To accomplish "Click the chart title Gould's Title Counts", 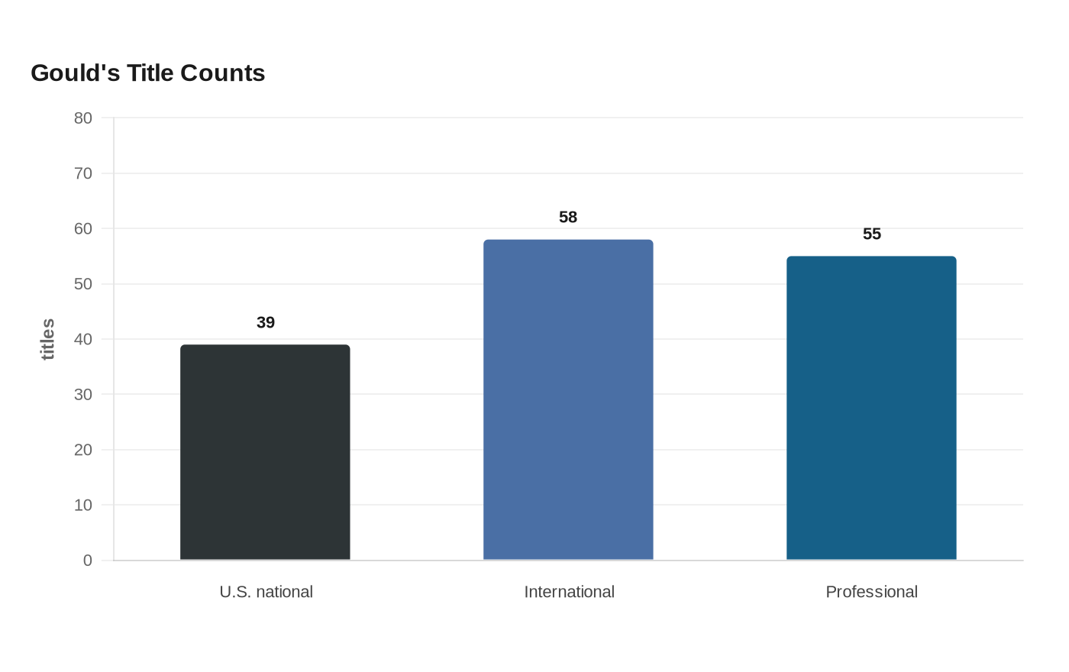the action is (x=148, y=73).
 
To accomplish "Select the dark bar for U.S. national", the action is (x=266, y=452).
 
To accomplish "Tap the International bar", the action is (x=568, y=399).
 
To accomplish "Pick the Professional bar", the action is (x=871, y=408).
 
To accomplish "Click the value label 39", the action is (x=266, y=322).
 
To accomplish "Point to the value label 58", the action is (x=568, y=217).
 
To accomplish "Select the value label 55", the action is (x=872, y=234).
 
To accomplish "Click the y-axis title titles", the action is (x=47, y=339).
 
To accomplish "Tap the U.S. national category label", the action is (x=266, y=592).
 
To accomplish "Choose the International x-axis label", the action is (x=570, y=592).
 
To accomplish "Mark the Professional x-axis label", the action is (x=872, y=592).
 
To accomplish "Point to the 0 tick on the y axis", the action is (x=88, y=561).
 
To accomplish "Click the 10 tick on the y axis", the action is (x=83, y=505).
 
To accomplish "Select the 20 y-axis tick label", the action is (x=83, y=450).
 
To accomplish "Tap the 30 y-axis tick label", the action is (x=83, y=395).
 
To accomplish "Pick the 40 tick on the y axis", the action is (x=83, y=339).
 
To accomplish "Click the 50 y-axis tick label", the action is (x=83, y=284).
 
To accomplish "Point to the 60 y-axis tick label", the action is (x=83, y=228).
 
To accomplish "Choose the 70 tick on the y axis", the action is (x=83, y=173).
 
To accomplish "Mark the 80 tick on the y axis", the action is (x=83, y=118).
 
